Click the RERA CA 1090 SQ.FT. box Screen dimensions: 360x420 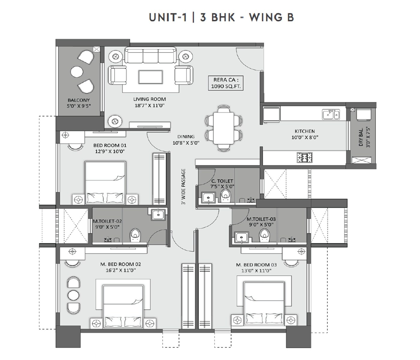click(x=226, y=83)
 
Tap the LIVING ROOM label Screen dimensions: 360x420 click(x=149, y=99)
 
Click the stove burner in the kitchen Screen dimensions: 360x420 click(x=304, y=157)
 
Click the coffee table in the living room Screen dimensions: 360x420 click(x=150, y=77)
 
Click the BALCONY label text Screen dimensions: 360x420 click(x=78, y=100)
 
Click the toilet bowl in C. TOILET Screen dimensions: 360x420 click(x=225, y=196)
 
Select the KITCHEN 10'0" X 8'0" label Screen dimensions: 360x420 click(x=304, y=134)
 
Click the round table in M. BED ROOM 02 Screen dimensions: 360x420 click(x=73, y=295)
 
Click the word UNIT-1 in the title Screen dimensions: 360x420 click(x=168, y=17)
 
